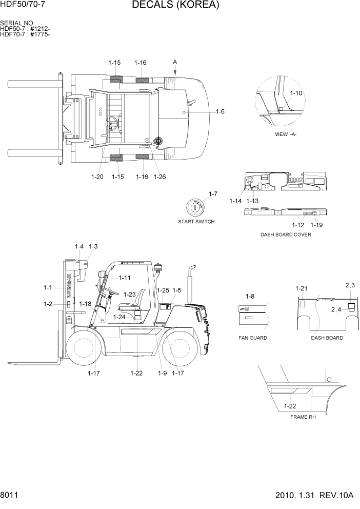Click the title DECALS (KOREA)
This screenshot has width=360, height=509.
[x=175, y=6]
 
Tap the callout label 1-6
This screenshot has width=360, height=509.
[x=219, y=111]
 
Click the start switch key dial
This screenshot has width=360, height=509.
[x=195, y=208]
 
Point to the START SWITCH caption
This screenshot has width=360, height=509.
[x=196, y=222]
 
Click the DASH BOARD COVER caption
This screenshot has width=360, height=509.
[x=286, y=234]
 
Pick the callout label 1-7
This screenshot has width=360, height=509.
[x=213, y=193]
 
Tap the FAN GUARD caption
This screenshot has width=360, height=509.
[x=253, y=338]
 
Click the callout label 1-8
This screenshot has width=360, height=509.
[x=250, y=296]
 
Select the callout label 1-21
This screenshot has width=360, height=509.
[x=301, y=289]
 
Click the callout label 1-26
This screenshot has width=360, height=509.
[x=159, y=177]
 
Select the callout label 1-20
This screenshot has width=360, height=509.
[x=97, y=177]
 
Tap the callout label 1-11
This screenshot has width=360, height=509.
[x=125, y=278]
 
